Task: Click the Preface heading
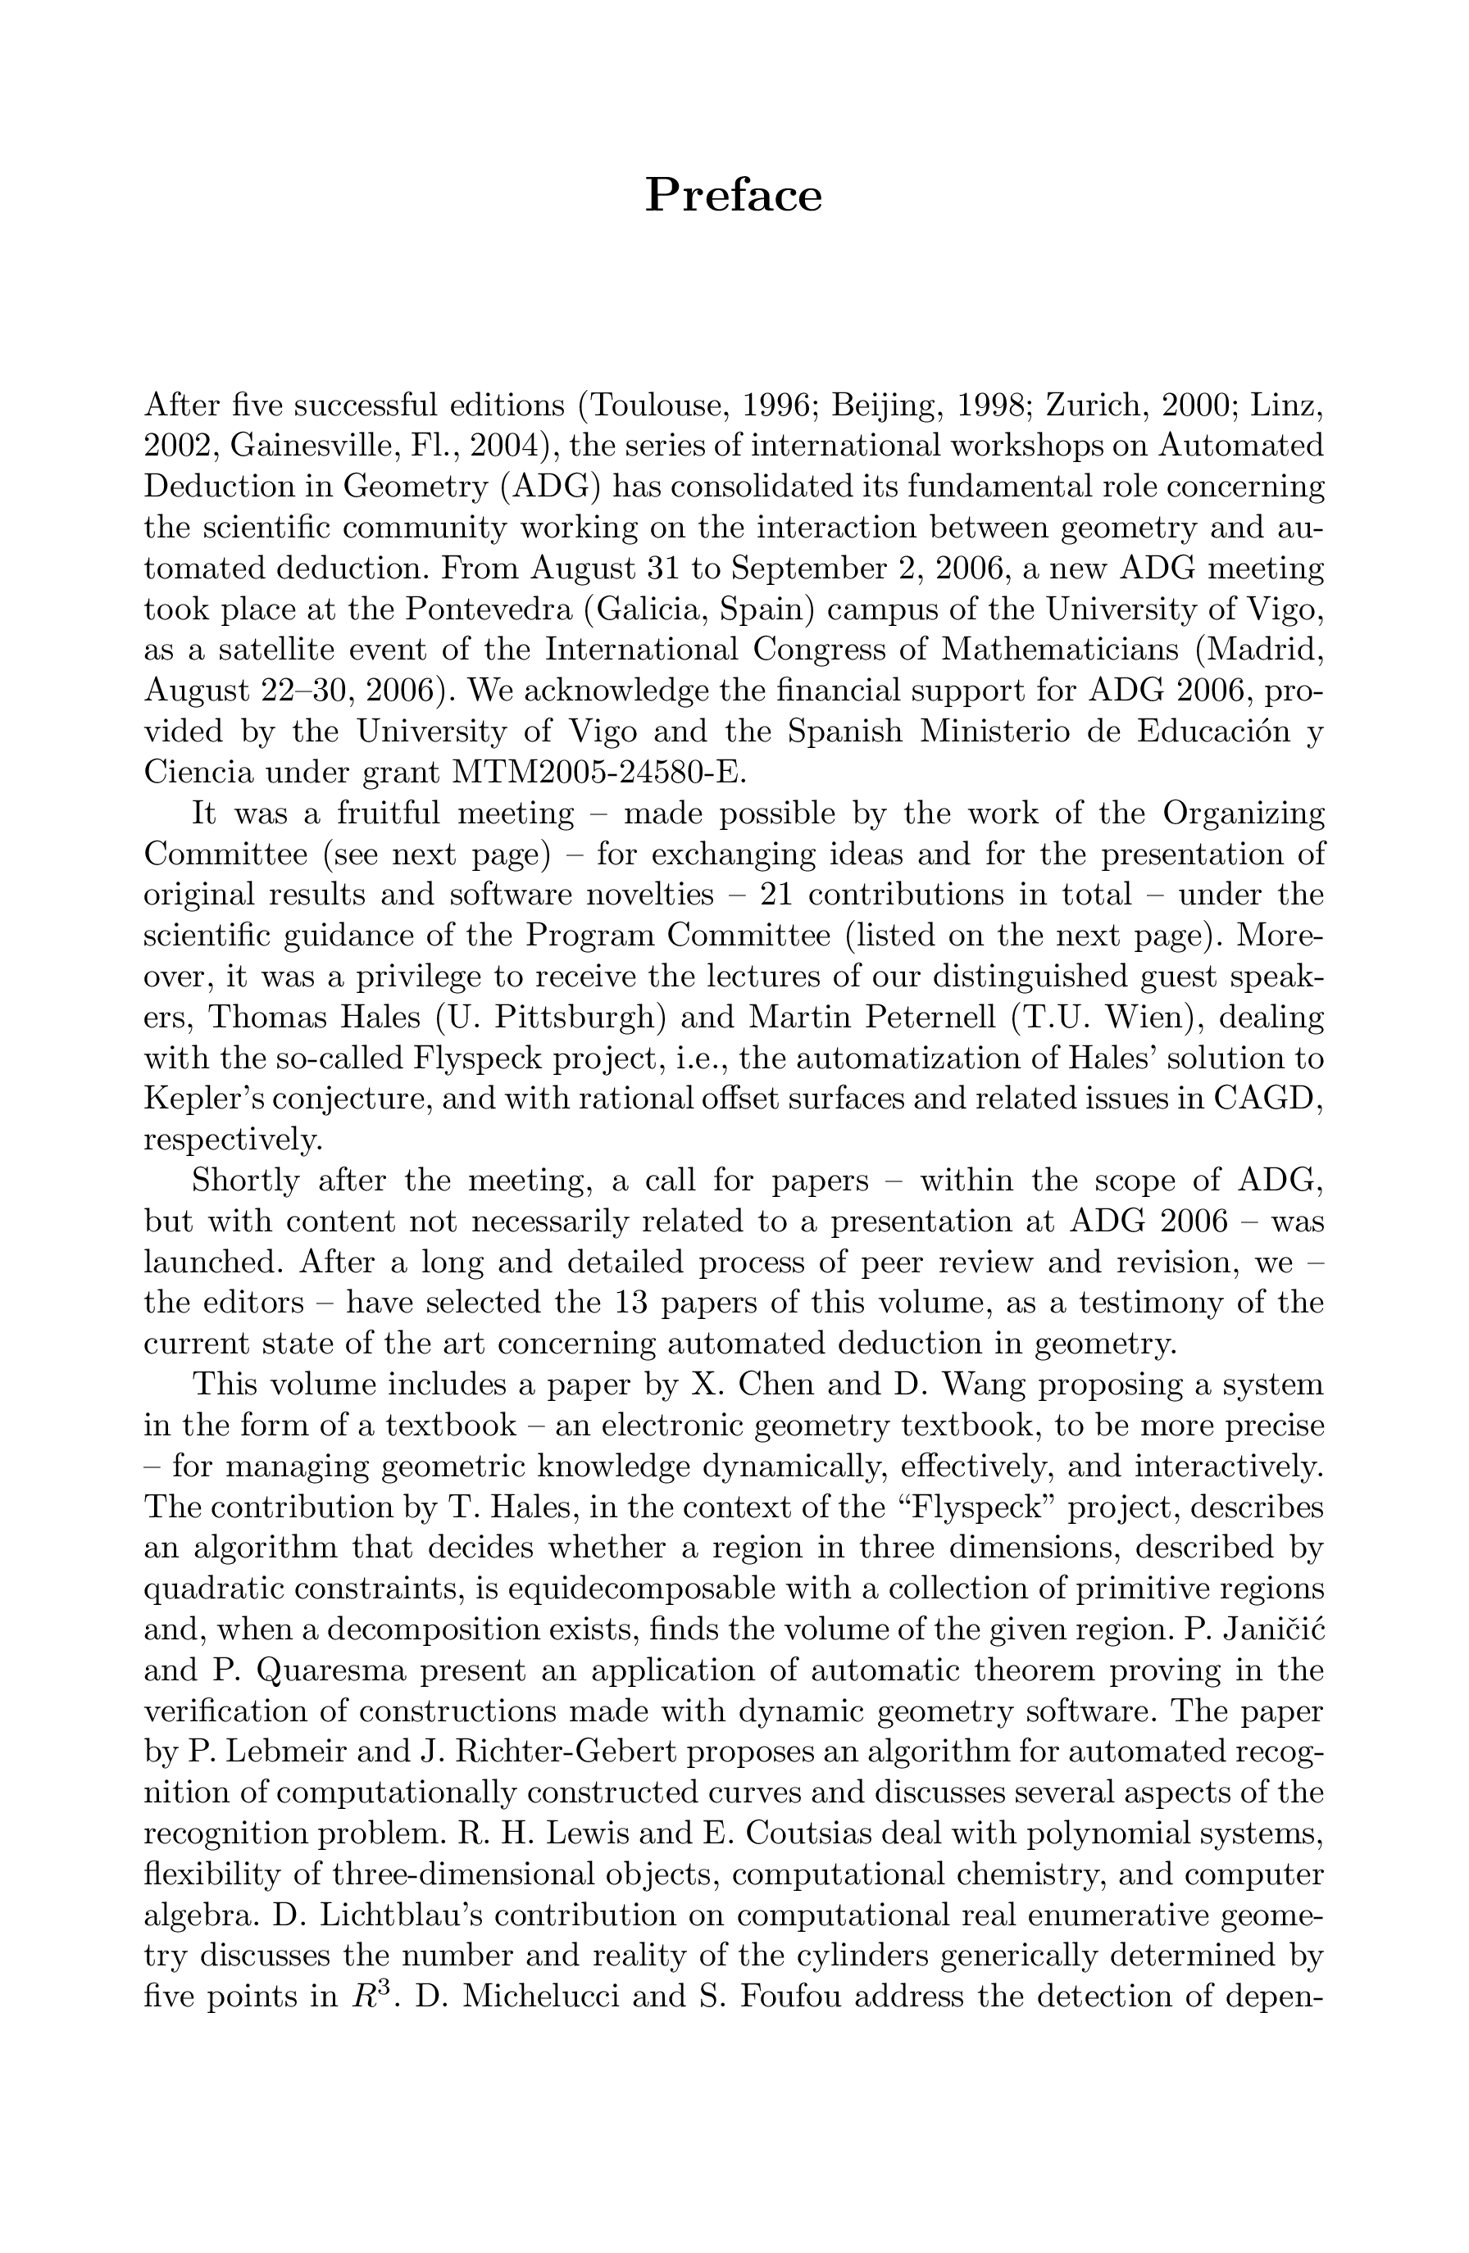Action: tap(733, 196)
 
